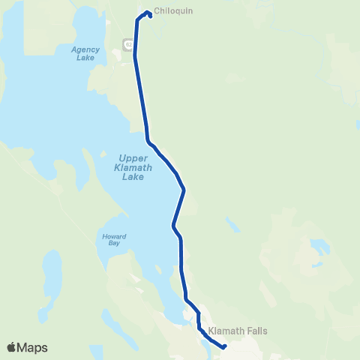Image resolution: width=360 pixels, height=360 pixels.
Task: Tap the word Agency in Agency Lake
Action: [85, 49]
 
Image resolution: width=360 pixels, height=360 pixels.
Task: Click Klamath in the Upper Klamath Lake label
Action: [135, 167]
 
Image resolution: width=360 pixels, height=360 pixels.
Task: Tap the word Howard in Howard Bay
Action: [114, 236]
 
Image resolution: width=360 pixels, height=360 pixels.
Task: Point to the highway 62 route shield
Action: [128, 45]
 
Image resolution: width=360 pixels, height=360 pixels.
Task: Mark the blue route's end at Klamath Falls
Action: [224, 346]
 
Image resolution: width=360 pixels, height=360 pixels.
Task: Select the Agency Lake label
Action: [85, 53]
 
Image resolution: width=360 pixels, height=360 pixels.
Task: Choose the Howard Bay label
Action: [114, 239]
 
